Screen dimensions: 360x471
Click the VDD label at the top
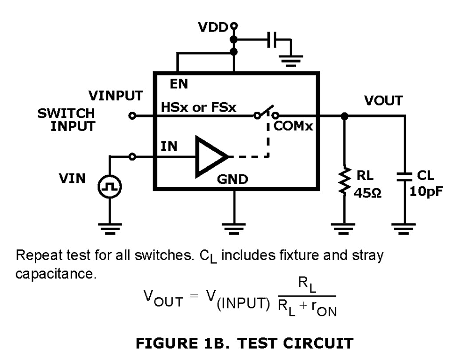coord(212,28)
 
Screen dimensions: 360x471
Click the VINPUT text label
coord(116,96)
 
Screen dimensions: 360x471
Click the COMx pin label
coord(293,127)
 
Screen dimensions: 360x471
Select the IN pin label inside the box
coord(169,147)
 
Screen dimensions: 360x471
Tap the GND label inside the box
coord(232,180)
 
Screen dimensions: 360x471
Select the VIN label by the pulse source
coord(72,179)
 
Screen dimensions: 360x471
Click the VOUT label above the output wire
coord(383,100)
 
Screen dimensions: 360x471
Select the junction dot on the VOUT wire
coord(345,115)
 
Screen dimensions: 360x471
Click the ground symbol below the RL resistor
coord(345,229)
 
